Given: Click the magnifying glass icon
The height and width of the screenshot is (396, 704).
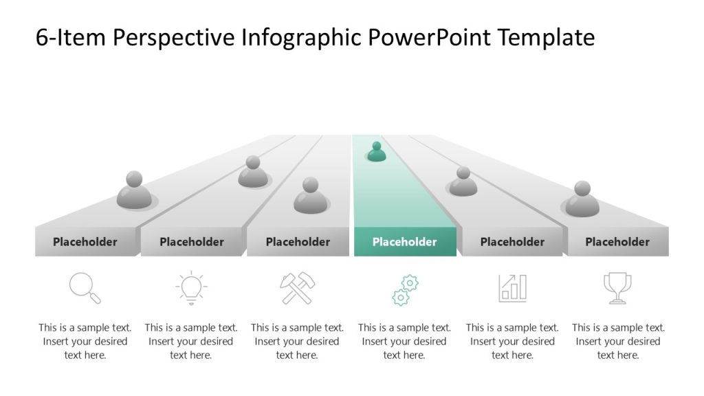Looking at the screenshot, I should [85, 288].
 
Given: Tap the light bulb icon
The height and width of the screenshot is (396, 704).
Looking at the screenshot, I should [191, 288].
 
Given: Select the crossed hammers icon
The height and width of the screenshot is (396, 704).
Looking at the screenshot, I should [297, 288].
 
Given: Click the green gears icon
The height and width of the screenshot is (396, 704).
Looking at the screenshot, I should [405, 289].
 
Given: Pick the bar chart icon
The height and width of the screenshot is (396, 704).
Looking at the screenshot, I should [512, 288].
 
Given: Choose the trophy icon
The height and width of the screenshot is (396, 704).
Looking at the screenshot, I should [617, 288].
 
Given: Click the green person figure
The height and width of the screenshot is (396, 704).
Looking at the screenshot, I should [376, 152].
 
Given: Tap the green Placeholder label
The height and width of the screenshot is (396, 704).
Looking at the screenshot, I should [404, 242].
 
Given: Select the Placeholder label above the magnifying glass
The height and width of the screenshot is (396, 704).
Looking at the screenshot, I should [85, 242].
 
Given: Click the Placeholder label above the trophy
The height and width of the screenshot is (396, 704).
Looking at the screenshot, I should [617, 242].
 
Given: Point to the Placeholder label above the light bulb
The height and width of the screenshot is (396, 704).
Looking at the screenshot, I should [192, 242].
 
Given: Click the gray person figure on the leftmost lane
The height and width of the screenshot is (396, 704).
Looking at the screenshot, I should [134, 190].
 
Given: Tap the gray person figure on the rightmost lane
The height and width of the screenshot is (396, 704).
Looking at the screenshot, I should [582, 199].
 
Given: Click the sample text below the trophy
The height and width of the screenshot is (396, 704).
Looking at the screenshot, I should [618, 341].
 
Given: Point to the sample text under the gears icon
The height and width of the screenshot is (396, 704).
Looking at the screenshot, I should [404, 341].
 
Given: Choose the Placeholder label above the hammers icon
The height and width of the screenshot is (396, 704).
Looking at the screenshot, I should [298, 242].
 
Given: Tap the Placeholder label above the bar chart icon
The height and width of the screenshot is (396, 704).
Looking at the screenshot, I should [512, 242].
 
